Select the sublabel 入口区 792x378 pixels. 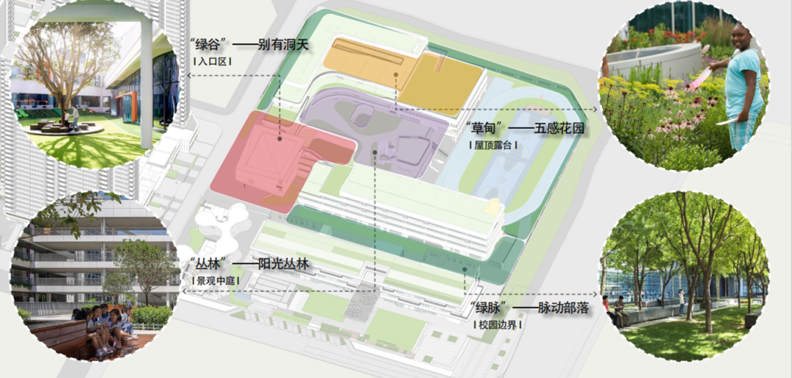pyautogui.click(x=212, y=62)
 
